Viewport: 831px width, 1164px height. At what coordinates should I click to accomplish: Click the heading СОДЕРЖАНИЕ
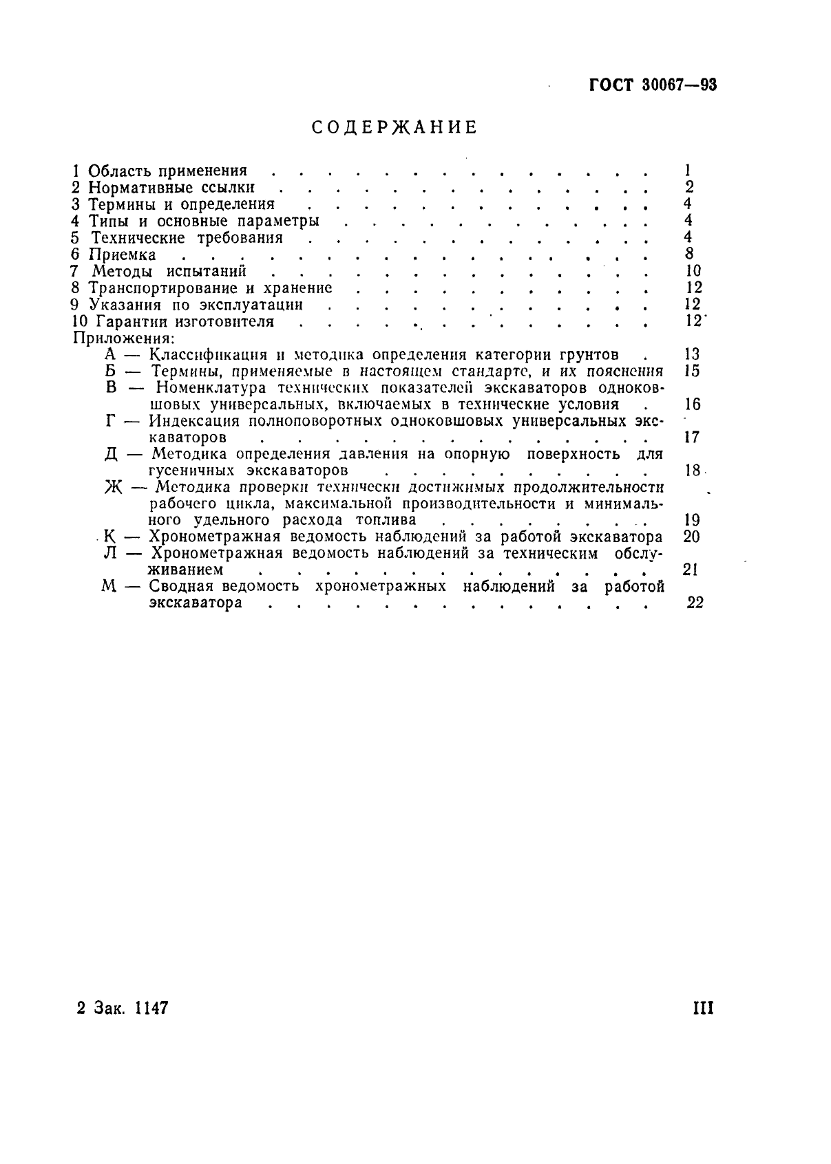point(395,128)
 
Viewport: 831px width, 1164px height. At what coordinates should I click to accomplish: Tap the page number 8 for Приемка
point(689,254)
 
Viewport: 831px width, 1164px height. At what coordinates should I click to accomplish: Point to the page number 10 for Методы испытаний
point(693,271)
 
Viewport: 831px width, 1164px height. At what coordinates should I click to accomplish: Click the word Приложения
point(123,338)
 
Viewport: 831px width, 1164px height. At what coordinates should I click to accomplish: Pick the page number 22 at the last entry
point(695,603)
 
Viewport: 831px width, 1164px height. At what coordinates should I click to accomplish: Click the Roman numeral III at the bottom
point(702,1009)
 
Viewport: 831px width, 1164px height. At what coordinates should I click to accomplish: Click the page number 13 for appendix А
point(692,354)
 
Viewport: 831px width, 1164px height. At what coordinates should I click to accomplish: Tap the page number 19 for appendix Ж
point(692,520)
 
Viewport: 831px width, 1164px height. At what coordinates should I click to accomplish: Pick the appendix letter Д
point(114,455)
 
